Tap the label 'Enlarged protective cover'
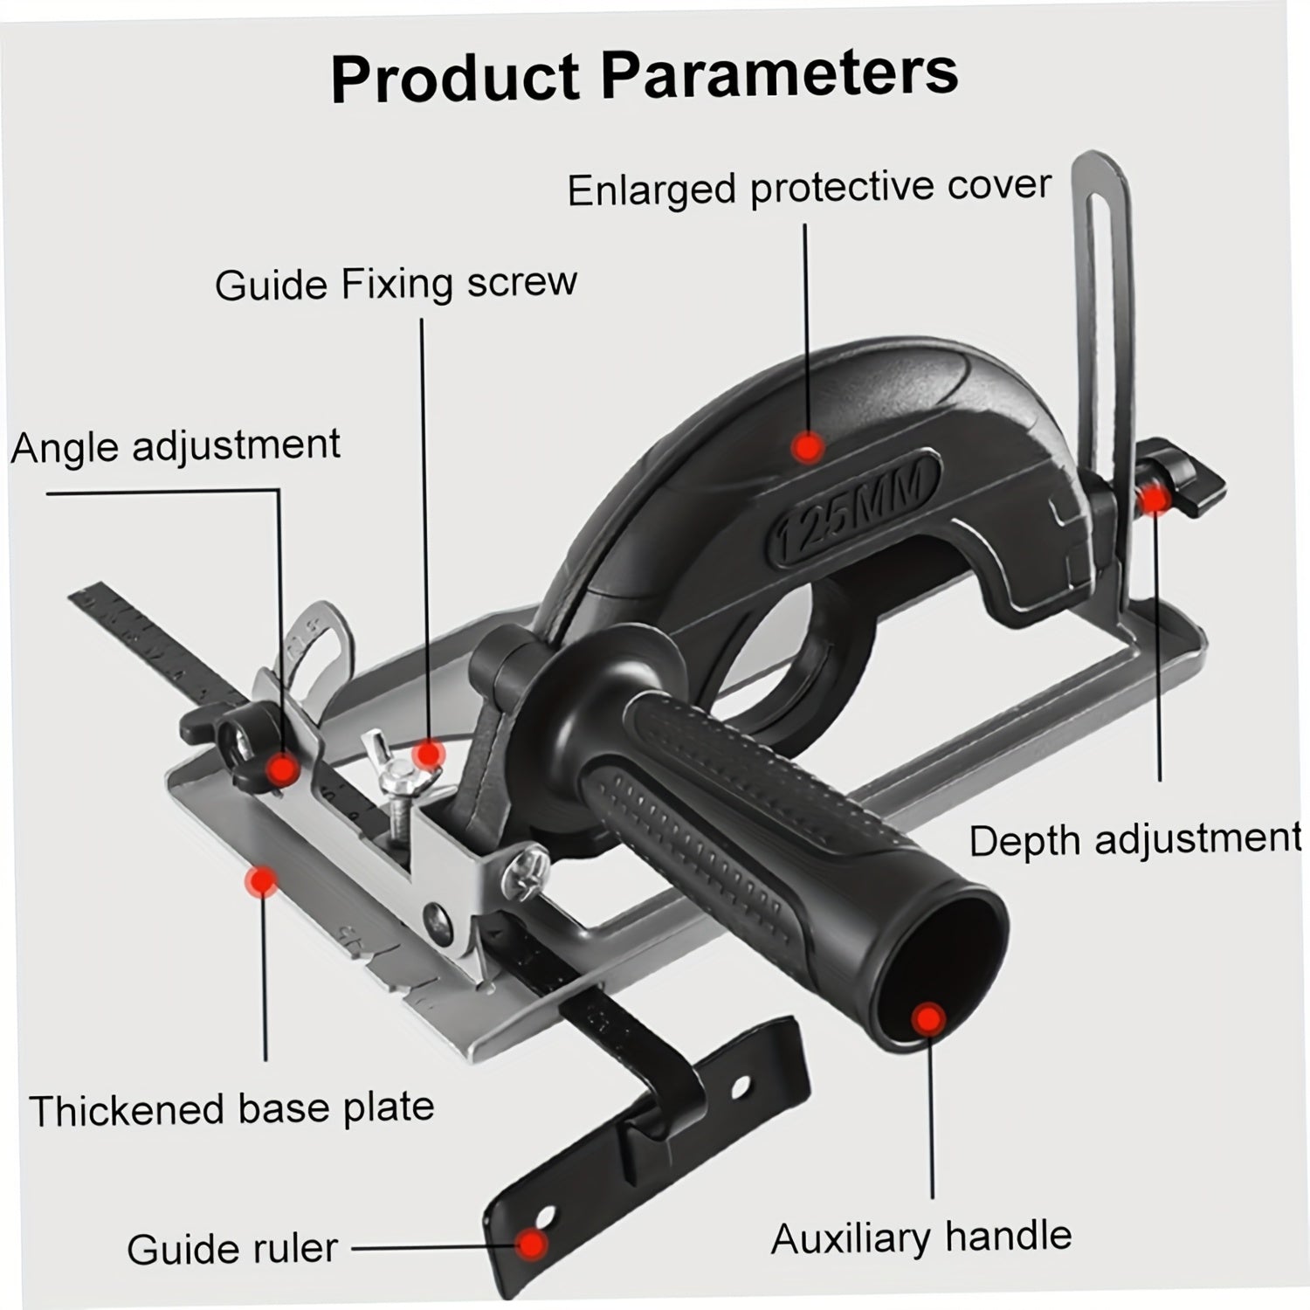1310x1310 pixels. (809, 188)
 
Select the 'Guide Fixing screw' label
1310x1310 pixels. (396, 285)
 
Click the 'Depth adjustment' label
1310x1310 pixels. (1134, 840)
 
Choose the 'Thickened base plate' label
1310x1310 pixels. (231, 1109)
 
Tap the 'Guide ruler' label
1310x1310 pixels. (231, 1249)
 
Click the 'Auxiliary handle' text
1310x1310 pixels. (920, 1238)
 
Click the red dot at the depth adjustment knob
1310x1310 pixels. (1155, 499)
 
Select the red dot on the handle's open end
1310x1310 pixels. (929, 1018)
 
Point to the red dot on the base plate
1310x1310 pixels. (260, 881)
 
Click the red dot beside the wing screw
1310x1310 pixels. (428, 753)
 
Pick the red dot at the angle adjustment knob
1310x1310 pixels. (282, 769)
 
